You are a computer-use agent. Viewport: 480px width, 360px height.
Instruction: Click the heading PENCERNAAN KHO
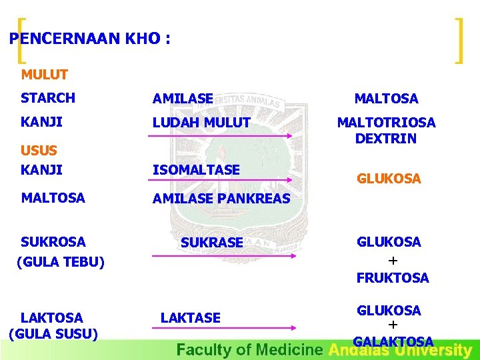[x=90, y=39]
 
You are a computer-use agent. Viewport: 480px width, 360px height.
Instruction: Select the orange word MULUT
[x=44, y=75]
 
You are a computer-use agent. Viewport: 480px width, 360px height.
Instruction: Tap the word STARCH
[x=48, y=98]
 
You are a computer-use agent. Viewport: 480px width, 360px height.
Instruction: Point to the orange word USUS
[x=39, y=151]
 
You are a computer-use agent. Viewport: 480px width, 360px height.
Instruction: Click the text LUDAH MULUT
[x=201, y=123]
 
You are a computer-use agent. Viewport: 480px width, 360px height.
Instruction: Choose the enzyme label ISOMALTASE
[x=196, y=170]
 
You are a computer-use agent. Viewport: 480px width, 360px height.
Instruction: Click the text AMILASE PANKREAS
[x=221, y=198]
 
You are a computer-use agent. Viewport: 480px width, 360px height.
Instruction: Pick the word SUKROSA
[x=53, y=241]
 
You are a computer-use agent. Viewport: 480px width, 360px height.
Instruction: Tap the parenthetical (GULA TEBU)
[x=60, y=262]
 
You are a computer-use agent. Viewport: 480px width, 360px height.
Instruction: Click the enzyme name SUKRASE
[x=212, y=243]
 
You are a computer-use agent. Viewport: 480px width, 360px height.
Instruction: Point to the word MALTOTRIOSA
[x=386, y=123]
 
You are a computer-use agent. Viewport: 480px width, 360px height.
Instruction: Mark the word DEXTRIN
[x=386, y=139]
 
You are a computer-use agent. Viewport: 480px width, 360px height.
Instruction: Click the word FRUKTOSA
[x=393, y=278]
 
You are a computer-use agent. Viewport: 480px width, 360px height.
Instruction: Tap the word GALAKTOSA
[x=393, y=342]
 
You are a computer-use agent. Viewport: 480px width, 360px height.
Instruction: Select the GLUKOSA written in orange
[x=389, y=179]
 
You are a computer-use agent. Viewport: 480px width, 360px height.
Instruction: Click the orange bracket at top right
[x=458, y=41]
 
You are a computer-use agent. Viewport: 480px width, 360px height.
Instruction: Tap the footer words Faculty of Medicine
[x=251, y=350]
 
